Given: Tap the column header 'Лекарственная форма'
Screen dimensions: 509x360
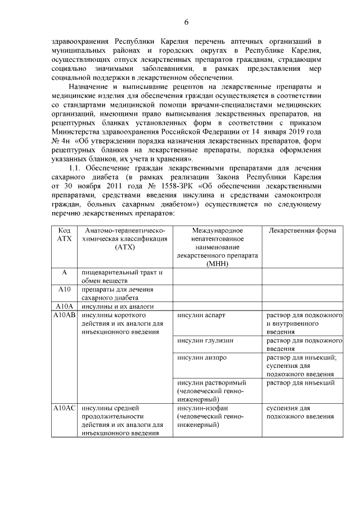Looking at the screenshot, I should [x=303, y=231].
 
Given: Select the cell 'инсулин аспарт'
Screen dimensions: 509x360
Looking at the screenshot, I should [x=201, y=316].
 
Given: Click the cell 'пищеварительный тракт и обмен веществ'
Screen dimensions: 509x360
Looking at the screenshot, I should [x=122, y=276].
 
